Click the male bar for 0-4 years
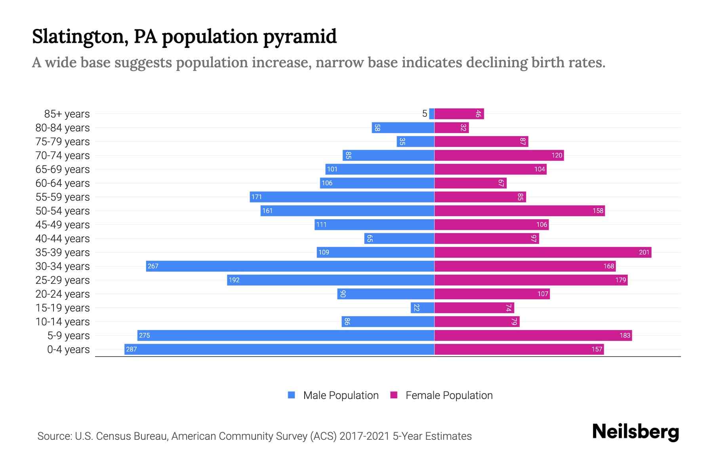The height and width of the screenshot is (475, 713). pyautogui.click(x=279, y=349)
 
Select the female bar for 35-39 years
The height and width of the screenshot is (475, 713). pyautogui.click(x=543, y=252)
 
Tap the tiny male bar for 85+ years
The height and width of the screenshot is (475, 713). pyautogui.click(x=432, y=114)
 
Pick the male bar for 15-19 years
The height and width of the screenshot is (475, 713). pyautogui.click(x=423, y=308)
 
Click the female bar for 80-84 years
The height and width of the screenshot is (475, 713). pyautogui.click(x=452, y=127)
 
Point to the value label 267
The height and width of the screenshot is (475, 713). pyautogui.click(x=153, y=266)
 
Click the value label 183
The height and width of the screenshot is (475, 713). pyautogui.click(x=625, y=335)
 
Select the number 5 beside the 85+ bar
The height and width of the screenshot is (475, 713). pyautogui.click(x=425, y=114)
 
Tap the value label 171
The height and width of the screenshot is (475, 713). pyautogui.click(x=257, y=197)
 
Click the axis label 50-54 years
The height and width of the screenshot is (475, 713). pyautogui.click(x=63, y=211)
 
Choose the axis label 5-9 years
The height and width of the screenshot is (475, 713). pyautogui.click(x=68, y=335)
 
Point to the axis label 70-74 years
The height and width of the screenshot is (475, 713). pyautogui.click(x=63, y=155)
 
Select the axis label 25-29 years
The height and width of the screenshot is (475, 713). pyautogui.click(x=63, y=280)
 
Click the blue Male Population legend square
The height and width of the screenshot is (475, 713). pyautogui.click(x=292, y=395)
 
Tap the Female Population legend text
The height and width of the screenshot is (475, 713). pyautogui.click(x=449, y=395)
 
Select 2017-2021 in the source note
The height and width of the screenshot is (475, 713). pyautogui.click(x=364, y=436)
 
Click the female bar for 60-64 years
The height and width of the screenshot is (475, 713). pyautogui.click(x=470, y=183)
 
